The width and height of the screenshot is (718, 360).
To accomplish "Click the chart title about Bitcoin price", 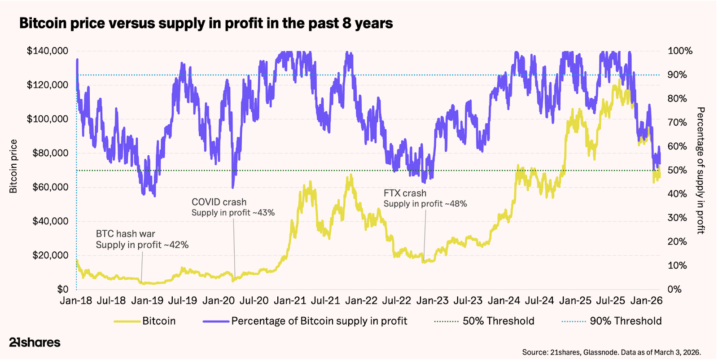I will (206, 23).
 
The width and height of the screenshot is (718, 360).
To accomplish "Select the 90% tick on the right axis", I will (677, 75).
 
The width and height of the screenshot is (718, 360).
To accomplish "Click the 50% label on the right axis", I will (677, 170).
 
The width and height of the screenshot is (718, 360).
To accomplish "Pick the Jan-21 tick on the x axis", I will (290, 301).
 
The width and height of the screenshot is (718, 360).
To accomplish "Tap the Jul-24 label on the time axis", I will (539, 301).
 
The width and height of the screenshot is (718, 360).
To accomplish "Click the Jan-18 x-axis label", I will (76, 301).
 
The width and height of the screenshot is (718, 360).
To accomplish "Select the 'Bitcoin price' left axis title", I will (13, 167).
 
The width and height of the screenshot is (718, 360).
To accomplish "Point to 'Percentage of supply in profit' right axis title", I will (700, 171).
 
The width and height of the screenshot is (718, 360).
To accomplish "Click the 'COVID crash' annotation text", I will (219, 202).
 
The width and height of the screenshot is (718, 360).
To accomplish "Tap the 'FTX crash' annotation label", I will (405, 193).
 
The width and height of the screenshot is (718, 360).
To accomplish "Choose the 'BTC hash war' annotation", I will (126, 234).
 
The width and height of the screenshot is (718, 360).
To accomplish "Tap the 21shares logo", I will (35, 342).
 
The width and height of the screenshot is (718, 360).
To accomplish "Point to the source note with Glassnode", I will (611, 352).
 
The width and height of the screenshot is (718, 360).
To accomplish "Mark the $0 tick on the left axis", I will (63, 290).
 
